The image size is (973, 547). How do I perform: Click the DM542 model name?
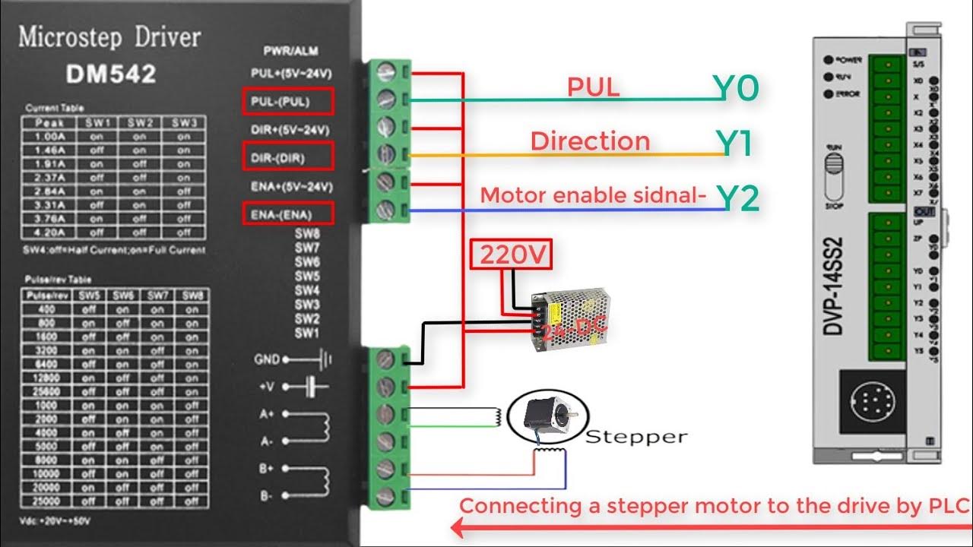[x=111, y=74]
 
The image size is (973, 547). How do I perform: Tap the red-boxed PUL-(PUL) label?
[x=280, y=100]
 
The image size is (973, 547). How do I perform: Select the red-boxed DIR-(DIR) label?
[x=288, y=157]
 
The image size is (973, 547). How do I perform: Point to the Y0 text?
[x=735, y=90]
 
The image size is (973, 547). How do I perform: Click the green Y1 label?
[x=734, y=144]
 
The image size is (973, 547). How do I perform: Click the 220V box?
[x=512, y=255]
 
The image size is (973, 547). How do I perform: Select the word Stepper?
[x=636, y=437]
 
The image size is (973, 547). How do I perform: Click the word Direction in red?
[x=590, y=141]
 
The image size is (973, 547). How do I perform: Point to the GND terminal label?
[x=267, y=359]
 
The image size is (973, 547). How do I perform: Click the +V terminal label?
[x=266, y=387]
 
